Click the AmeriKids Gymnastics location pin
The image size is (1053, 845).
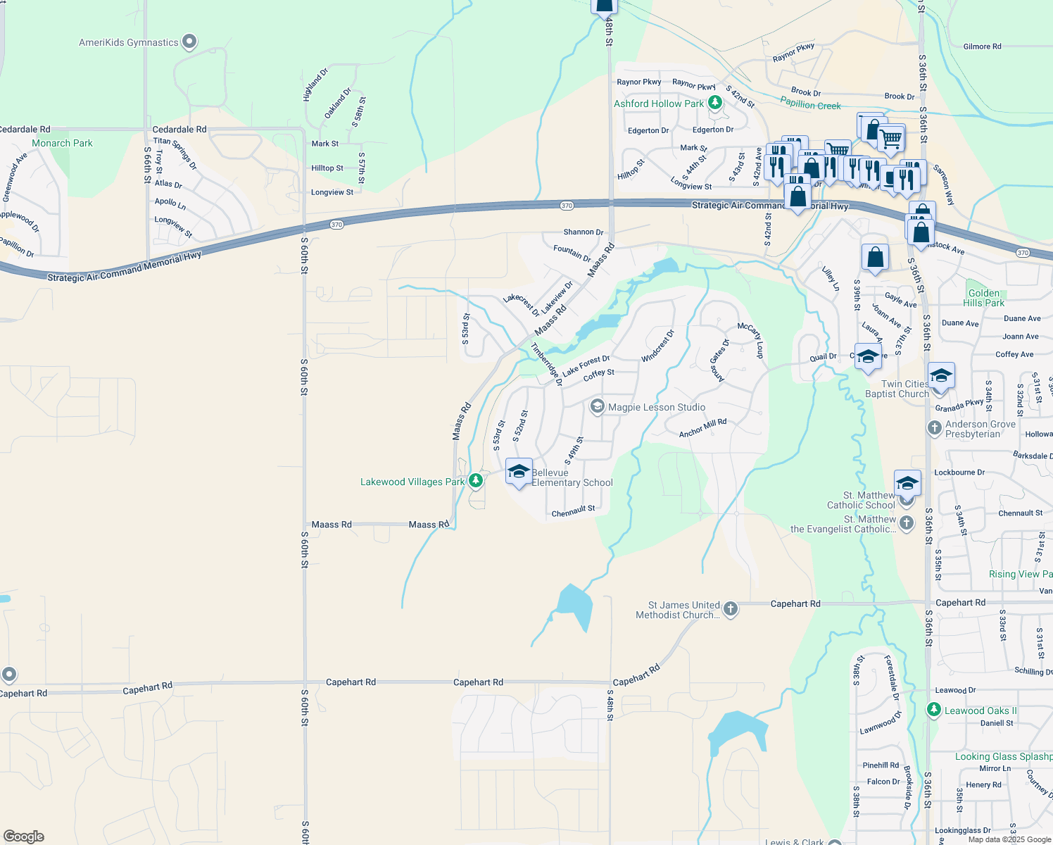[189, 42]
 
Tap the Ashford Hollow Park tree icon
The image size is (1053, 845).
[715, 104]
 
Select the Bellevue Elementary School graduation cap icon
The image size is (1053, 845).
[519, 471]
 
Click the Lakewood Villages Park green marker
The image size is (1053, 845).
[476, 481]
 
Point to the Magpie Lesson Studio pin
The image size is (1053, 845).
[598, 407]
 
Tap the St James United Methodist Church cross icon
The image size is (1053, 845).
[731, 609]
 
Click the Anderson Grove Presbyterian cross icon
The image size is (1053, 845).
[934, 428]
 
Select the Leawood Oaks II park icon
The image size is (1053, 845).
[934, 710]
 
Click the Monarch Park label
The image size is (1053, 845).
[62, 143]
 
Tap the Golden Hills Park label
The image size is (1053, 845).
[983, 298]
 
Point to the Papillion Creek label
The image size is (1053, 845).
[810, 104]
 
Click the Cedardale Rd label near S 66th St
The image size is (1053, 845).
[179, 130]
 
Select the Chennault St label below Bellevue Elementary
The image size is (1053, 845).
[573, 511]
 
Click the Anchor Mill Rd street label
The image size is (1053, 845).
[702, 428]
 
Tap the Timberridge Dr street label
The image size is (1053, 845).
[546, 364]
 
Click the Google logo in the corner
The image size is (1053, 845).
[24, 837]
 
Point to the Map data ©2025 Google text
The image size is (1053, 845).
[1009, 839]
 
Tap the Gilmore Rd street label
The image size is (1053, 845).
[982, 46]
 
